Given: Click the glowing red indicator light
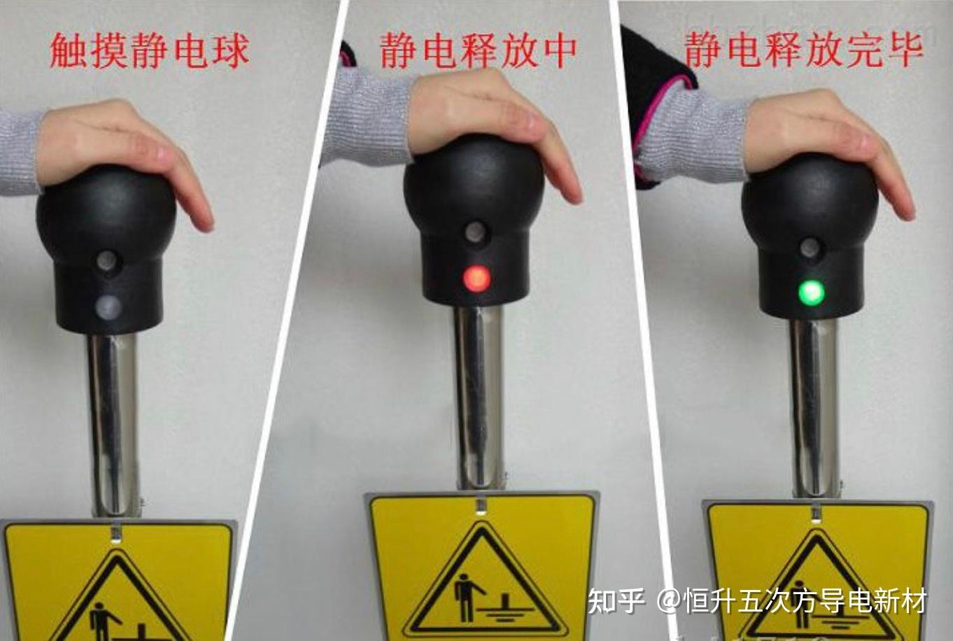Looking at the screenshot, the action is (x=476, y=278).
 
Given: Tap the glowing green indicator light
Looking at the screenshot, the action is (x=812, y=293).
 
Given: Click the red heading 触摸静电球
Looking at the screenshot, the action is (x=149, y=52).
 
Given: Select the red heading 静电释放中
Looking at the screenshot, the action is (x=478, y=51).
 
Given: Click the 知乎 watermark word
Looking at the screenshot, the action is (x=616, y=600).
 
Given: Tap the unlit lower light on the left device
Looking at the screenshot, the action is (x=108, y=307).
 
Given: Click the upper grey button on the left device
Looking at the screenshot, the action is (x=106, y=260).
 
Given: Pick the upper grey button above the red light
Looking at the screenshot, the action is (x=475, y=232).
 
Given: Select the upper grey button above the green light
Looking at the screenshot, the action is (x=810, y=248).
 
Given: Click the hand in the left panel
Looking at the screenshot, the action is (x=123, y=153).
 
